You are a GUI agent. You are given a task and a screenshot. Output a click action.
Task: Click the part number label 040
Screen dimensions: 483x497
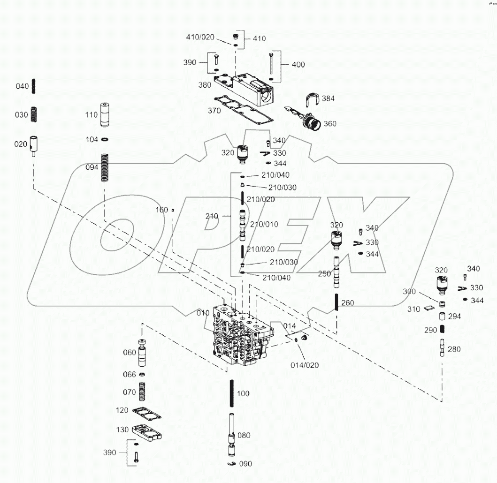(22, 86)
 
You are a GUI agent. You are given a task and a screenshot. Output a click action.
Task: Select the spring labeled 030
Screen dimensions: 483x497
(34, 114)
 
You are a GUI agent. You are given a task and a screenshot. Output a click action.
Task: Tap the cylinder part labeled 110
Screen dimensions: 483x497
(105, 115)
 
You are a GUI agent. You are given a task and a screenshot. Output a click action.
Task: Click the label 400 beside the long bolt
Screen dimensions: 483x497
(298, 65)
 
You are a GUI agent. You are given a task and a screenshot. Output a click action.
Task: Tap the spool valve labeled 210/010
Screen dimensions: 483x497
(242, 224)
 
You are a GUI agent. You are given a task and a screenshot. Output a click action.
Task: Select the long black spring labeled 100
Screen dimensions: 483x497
(231, 393)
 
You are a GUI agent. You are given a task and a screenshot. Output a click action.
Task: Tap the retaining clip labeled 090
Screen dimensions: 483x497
(230, 463)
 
